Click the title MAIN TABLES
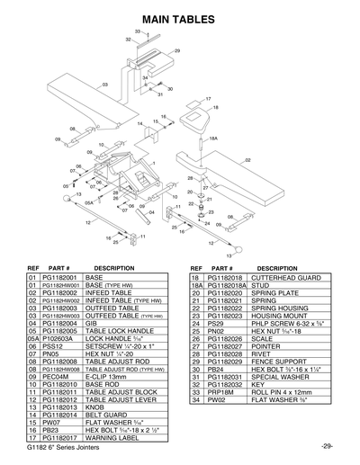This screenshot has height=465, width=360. pos(180,16)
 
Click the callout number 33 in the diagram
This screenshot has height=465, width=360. pos(137,31)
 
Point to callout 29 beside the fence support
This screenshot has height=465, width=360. pos(176,50)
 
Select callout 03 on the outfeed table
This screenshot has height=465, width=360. pos(105,85)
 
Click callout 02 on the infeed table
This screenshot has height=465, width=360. pos(247,159)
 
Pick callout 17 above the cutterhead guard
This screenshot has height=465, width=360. pos(207,98)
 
